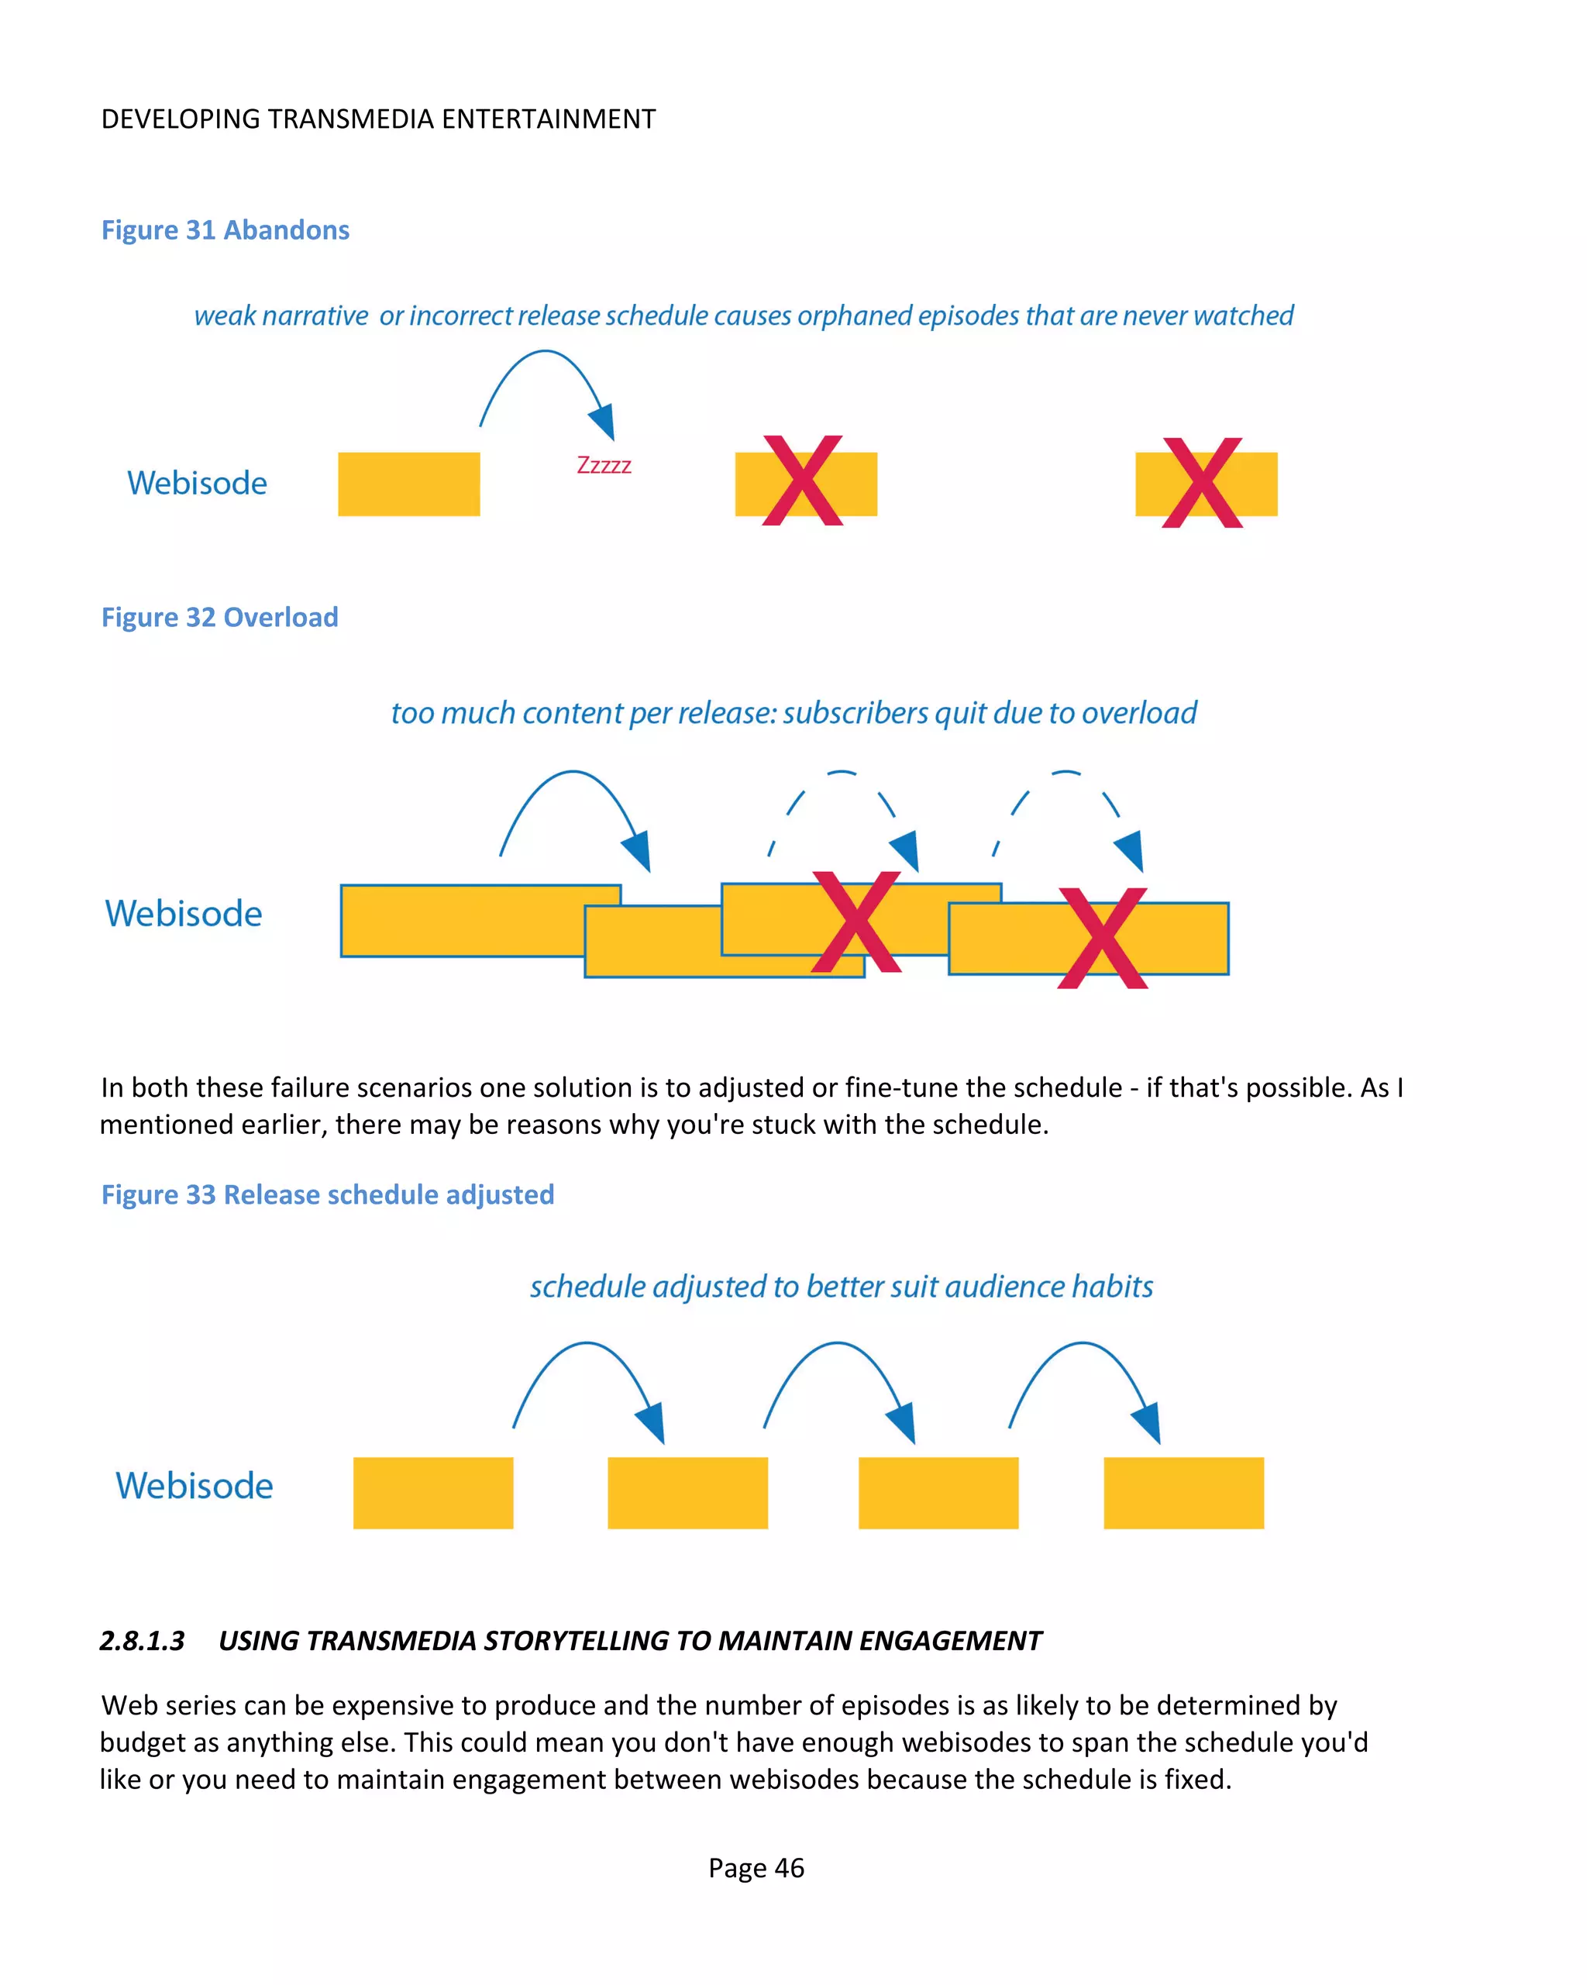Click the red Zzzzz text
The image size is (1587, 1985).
coord(604,465)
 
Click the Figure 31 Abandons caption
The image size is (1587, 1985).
coord(225,230)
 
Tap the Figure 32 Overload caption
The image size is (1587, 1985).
coord(220,617)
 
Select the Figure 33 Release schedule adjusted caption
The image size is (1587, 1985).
coord(328,1194)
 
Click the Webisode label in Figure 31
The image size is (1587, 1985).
coord(197,484)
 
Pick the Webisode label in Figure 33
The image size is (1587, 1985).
coord(195,1485)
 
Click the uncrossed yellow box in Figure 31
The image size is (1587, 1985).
coord(408,484)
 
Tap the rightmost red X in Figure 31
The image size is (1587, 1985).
coord(1202,482)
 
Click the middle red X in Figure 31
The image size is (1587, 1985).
coord(803,481)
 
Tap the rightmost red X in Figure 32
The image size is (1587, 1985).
coord(1102,937)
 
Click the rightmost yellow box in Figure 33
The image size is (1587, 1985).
coord(1184,1493)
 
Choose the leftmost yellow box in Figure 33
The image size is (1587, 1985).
coord(432,1493)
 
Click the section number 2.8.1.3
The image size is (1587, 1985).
coord(142,1641)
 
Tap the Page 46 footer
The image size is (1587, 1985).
coord(756,1868)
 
